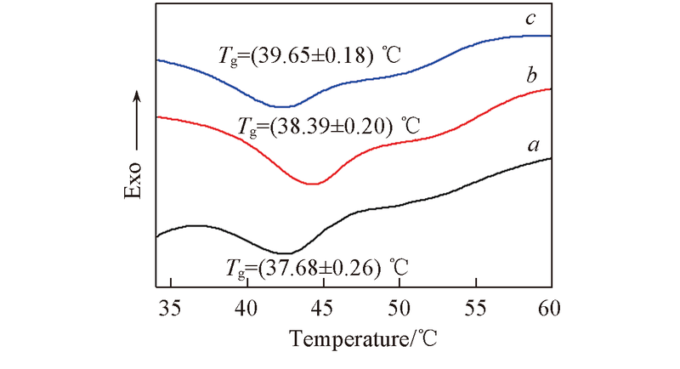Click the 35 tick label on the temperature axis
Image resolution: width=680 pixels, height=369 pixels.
pyautogui.click(x=171, y=307)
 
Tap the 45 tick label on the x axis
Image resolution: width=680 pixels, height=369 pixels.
pyautogui.click(x=323, y=307)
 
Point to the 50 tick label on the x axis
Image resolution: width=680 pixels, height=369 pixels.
pyautogui.click(x=399, y=307)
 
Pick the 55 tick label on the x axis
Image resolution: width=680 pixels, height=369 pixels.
pyautogui.click(x=475, y=307)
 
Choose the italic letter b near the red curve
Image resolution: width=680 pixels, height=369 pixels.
pyautogui.click(x=531, y=77)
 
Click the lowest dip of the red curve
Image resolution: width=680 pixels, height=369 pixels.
pyautogui.click(x=313, y=184)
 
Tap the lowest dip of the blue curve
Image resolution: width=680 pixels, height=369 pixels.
pyautogui.click(x=281, y=106)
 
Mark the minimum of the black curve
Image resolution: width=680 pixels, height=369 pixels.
pyautogui.click(x=286, y=253)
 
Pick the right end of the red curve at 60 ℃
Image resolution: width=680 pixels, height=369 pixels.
pyautogui.click(x=551, y=88)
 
